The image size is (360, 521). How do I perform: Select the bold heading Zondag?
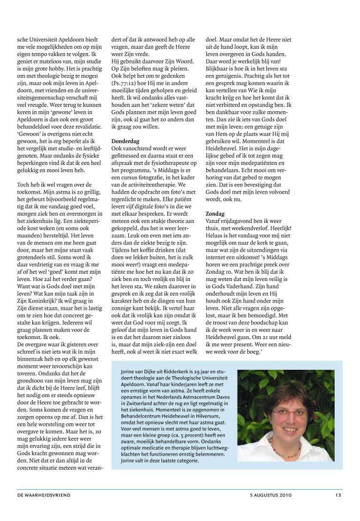(215, 214)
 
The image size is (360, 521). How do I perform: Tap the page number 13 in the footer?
(338, 495)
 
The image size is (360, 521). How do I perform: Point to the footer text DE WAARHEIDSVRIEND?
(44, 495)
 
